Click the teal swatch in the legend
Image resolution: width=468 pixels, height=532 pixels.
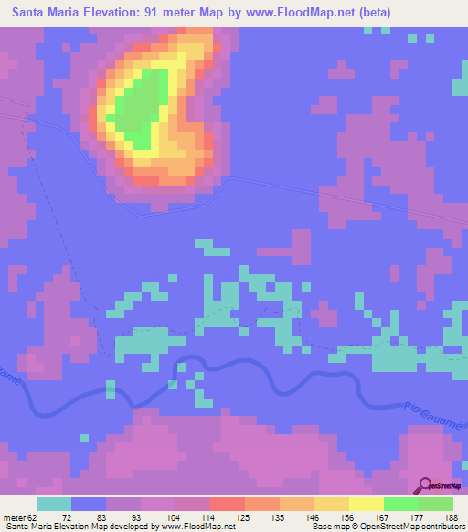54,505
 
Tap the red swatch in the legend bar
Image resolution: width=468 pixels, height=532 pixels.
228,505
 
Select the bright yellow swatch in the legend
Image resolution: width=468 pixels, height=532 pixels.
367,505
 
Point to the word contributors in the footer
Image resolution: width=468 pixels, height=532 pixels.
438,527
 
